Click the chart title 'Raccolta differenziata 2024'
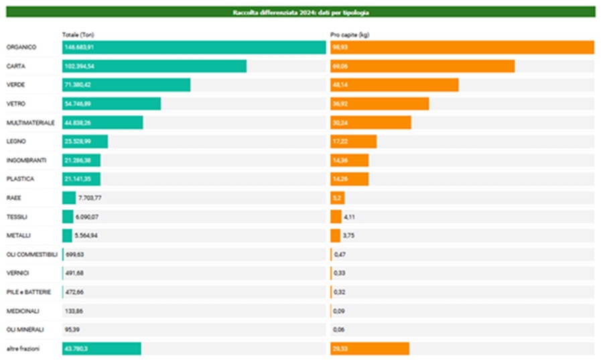click(301, 12)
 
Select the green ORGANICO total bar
click(194, 48)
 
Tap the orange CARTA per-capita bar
click(422, 66)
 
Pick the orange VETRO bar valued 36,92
click(379, 104)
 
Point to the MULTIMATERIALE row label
click(30, 123)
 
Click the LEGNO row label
click(16, 141)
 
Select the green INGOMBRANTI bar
click(81, 160)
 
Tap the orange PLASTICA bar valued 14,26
click(349, 179)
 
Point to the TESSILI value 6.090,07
click(88, 217)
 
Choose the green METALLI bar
click(67, 235)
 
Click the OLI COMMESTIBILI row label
click(31, 254)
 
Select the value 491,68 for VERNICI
click(74, 273)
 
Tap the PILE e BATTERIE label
click(28, 292)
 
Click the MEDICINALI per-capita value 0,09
click(340, 311)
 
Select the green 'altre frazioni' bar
click(101, 349)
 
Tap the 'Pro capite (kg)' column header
click(349, 34)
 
